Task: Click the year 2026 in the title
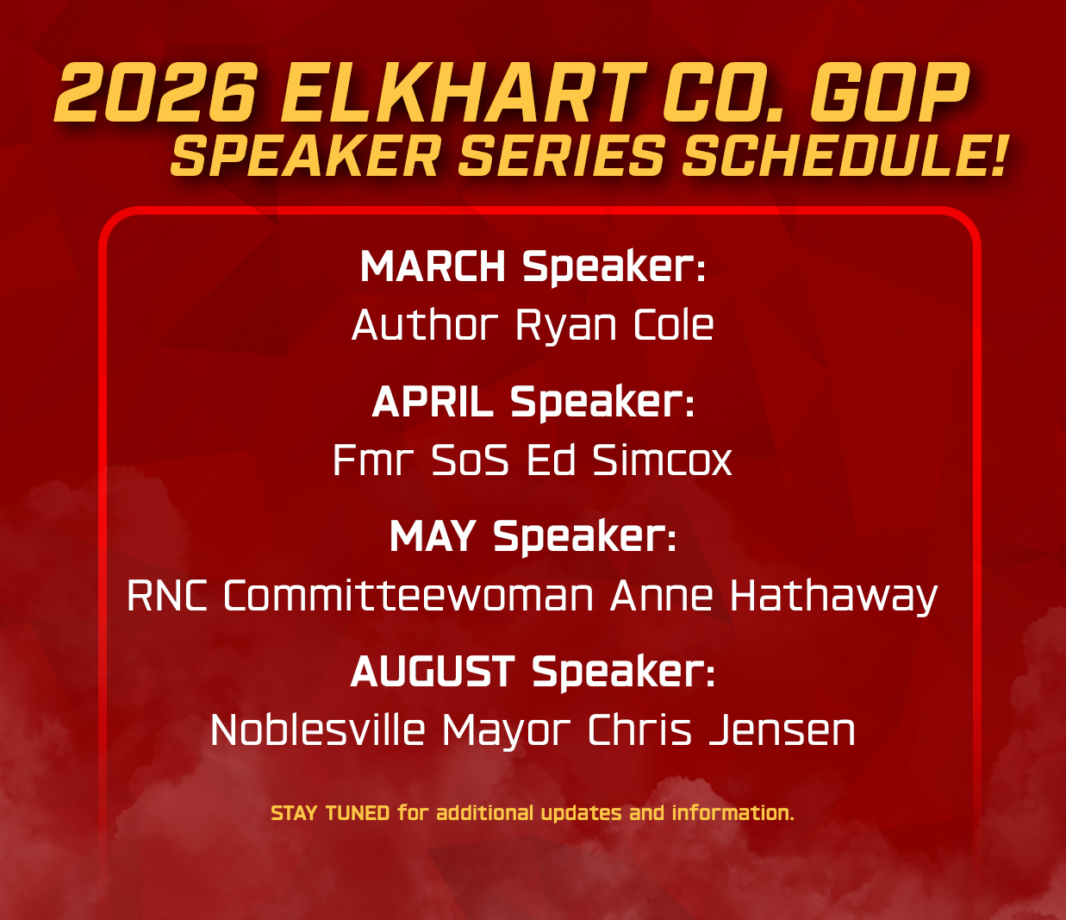(156, 93)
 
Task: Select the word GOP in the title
(890, 93)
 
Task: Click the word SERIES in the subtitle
(561, 156)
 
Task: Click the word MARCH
(433, 266)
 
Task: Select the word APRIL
(433, 402)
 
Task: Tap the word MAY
(433, 536)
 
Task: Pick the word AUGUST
(433, 672)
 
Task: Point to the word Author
(425, 324)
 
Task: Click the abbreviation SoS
(470, 460)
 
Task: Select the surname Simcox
(662, 460)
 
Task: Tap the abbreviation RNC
(167, 596)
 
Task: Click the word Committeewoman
(408, 595)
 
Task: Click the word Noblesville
(318, 729)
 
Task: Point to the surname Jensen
(782, 730)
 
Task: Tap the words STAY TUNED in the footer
(330, 814)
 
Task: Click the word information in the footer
(732, 813)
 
